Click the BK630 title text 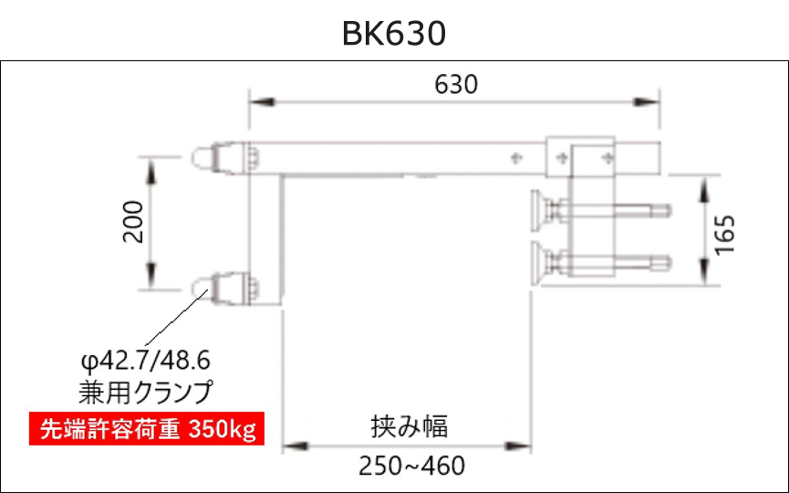click(394, 34)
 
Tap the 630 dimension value click(456, 85)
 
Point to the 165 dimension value click(725, 235)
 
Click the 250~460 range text click(411, 466)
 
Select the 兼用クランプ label click(146, 392)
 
